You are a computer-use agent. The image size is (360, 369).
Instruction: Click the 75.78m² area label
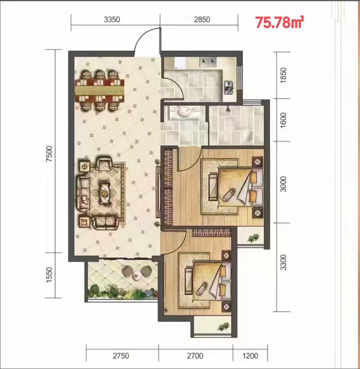click(x=279, y=22)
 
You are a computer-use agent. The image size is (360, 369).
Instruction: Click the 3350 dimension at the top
click(x=112, y=19)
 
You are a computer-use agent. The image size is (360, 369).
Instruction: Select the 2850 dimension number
click(x=202, y=19)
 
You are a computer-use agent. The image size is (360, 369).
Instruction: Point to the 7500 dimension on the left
click(x=49, y=154)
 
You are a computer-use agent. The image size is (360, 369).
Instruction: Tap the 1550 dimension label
click(x=49, y=275)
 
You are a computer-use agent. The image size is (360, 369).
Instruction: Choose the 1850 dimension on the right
click(x=283, y=76)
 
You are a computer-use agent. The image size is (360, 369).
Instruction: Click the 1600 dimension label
click(x=283, y=120)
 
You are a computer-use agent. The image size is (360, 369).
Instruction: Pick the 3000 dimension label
click(x=283, y=184)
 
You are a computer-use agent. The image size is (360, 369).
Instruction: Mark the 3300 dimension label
click(x=283, y=262)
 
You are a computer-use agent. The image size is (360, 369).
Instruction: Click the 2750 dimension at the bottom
click(x=121, y=356)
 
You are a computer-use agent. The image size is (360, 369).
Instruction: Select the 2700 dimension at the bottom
click(x=195, y=356)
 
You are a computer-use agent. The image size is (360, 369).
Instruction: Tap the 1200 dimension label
click(x=250, y=356)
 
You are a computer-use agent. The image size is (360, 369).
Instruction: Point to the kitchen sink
click(x=229, y=87)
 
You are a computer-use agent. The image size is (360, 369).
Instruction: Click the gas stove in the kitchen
click(x=208, y=61)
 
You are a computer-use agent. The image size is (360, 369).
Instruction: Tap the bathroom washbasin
click(x=183, y=112)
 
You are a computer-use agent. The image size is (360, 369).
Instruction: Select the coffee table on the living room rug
click(x=104, y=193)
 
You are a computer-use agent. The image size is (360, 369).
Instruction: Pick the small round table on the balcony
click(x=137, y=275)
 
